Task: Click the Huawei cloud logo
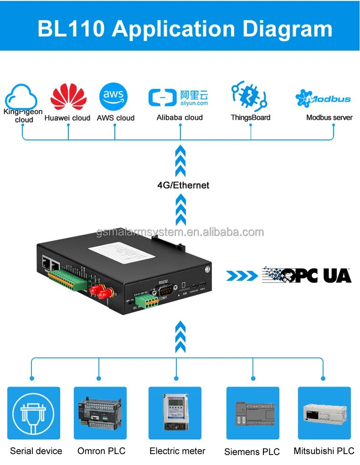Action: (68, 96)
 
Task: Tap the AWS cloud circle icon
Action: (113, 97)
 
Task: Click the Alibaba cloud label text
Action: (180, 118)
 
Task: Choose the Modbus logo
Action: (323, 98)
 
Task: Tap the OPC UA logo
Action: (307, 275)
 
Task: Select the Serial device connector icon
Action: (34, 413)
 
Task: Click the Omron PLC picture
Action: (100, 413)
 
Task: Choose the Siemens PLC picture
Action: (253, 413)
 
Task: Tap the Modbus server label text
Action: (329, 118)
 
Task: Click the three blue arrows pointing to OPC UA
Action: (242, 275)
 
